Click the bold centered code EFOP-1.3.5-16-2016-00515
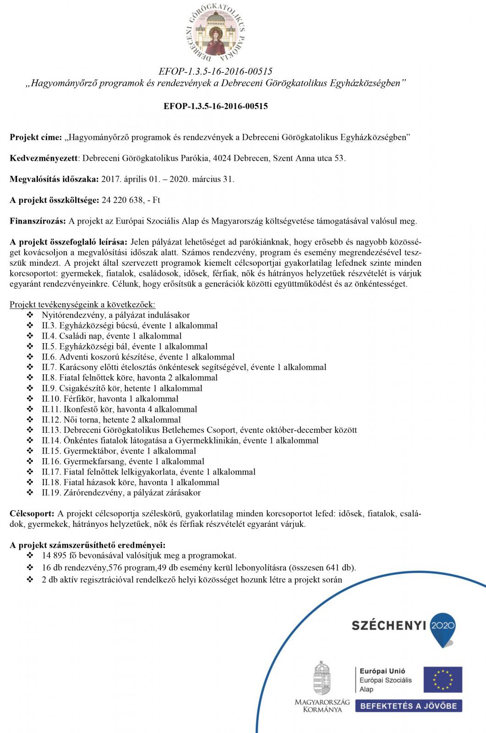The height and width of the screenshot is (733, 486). click(216, 106)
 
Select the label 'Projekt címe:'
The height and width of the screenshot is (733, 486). click(36, 137)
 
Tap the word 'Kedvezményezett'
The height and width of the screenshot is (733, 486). click(44, 159)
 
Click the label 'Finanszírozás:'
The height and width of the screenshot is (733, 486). click(38, 221)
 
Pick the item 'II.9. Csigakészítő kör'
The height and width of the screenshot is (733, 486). click(122, 388)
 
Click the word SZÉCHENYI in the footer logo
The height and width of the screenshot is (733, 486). click(389, 625)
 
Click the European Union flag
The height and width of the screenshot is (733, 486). click(442, 679)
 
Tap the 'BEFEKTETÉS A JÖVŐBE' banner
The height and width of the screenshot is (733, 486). click(409, 706)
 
